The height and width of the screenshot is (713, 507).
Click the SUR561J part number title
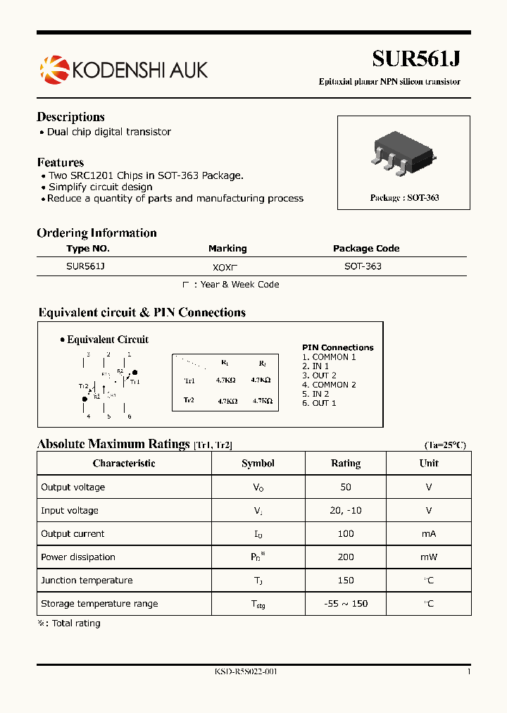(x=415, y=58)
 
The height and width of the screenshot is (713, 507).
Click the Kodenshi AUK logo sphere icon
(x=54, y=69)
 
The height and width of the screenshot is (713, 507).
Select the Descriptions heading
(x=70, y=117)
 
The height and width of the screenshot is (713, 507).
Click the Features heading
(x=60, y=162)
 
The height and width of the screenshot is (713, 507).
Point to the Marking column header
(x=227, y=249)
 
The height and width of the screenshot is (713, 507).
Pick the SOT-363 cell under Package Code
(x=363, y=267)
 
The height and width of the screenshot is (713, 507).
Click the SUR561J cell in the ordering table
(x=85, y=267)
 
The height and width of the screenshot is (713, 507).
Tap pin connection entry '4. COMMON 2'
(x=329, y=385)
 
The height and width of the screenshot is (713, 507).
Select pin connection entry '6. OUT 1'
(x=319, y=403)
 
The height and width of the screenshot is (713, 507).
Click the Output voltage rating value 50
(x=346, y=487)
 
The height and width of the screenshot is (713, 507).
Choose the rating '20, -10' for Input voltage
(x=346, y=510)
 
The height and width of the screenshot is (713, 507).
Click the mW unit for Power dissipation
(x=429, y=557)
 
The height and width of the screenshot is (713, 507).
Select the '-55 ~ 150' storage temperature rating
(x=346, y=603)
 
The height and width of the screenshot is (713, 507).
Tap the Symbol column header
(x=258, y=464)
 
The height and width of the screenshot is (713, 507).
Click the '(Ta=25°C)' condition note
(x=444, y=445)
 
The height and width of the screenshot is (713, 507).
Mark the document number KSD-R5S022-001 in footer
(x=246, y=672)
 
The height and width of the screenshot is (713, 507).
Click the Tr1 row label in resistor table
(x=189, y=380)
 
